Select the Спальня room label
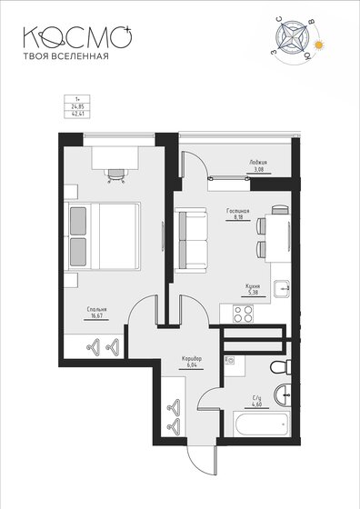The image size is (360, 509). click(x=97, y=310)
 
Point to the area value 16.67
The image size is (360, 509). click(x=97, y=318)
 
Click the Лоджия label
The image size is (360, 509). click(x=258, y=162)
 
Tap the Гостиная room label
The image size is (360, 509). click(x=238, y=210)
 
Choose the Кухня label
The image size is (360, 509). click(x=254, y=286)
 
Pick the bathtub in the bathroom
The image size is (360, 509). click(x=259, y=424)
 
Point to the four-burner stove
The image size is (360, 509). click(x=243, y=315)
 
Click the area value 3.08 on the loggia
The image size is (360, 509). click(x=258, y=169)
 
